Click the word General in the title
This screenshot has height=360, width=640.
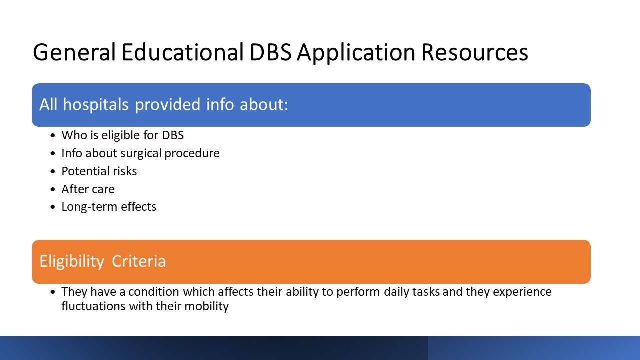74,52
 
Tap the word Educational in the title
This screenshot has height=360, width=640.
183,52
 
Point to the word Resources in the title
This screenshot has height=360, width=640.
475,53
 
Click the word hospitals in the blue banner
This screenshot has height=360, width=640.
95,105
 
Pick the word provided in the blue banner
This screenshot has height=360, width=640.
167,104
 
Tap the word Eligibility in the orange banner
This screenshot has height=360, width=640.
72,262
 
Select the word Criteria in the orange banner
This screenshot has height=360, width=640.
139,261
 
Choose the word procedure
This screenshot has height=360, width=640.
192,154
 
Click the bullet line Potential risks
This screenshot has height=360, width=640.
99,171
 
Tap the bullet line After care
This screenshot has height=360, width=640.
88,189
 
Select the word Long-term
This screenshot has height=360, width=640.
90,207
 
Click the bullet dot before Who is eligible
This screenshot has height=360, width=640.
52,135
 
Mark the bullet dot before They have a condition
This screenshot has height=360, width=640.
52,292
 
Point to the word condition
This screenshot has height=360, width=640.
154,292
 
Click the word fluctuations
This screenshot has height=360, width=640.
93,306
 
